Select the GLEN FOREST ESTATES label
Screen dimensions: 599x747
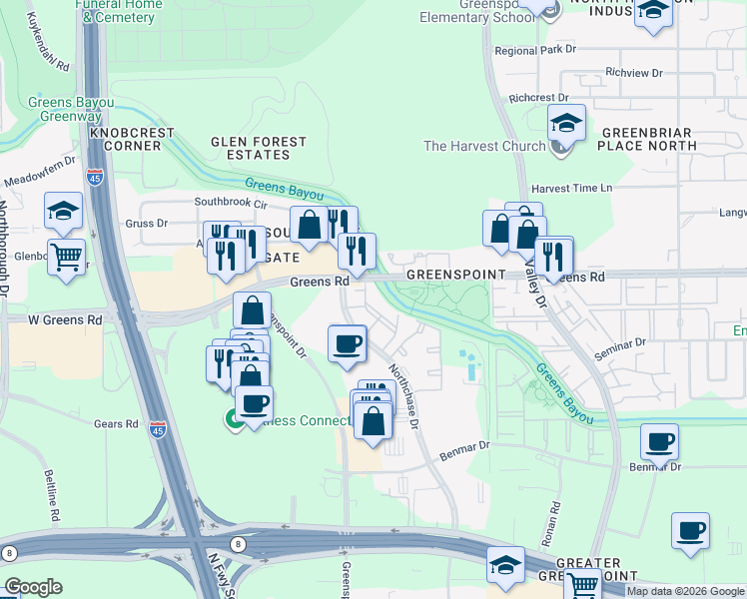(x=251, y=148)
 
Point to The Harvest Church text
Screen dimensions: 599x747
(x=484, y=146)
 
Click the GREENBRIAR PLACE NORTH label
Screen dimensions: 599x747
(x=646, y=139)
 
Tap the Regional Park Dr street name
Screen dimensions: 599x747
(x=535, y=50)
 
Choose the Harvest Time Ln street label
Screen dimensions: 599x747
(x=571, y=188)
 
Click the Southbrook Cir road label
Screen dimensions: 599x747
(x=232, y=202)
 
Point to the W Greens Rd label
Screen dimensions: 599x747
(x=65, y=320)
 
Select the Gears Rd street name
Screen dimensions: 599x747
(x=116, y=424)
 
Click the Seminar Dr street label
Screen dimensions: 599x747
(x=622, y=347)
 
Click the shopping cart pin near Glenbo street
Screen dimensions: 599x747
(x=66, y=257)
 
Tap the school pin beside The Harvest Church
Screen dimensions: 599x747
(x=565, y=125)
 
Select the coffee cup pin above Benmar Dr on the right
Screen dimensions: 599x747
(x=659, y=441)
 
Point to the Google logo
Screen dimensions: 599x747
(x=34, y=587)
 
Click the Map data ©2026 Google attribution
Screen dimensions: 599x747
(x=684, y=591)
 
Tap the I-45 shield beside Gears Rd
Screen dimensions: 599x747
(x=157, y=429)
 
